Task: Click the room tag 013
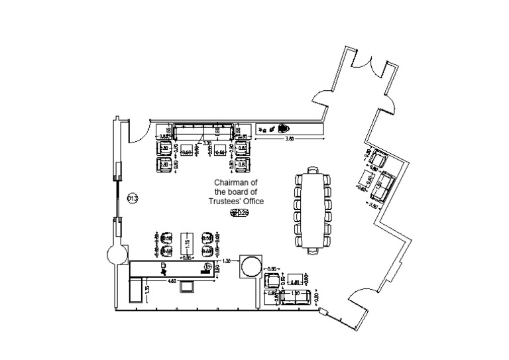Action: (x=132, y=199)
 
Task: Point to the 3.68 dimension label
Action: (x=289, y=139)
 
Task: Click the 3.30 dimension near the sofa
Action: (x=207, y=143)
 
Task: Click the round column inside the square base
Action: (x=251, y=265)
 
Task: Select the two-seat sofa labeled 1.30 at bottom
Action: (x=296, y=297)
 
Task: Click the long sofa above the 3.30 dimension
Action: (x=203, y=131)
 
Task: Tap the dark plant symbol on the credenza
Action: (x=284, y=127)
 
